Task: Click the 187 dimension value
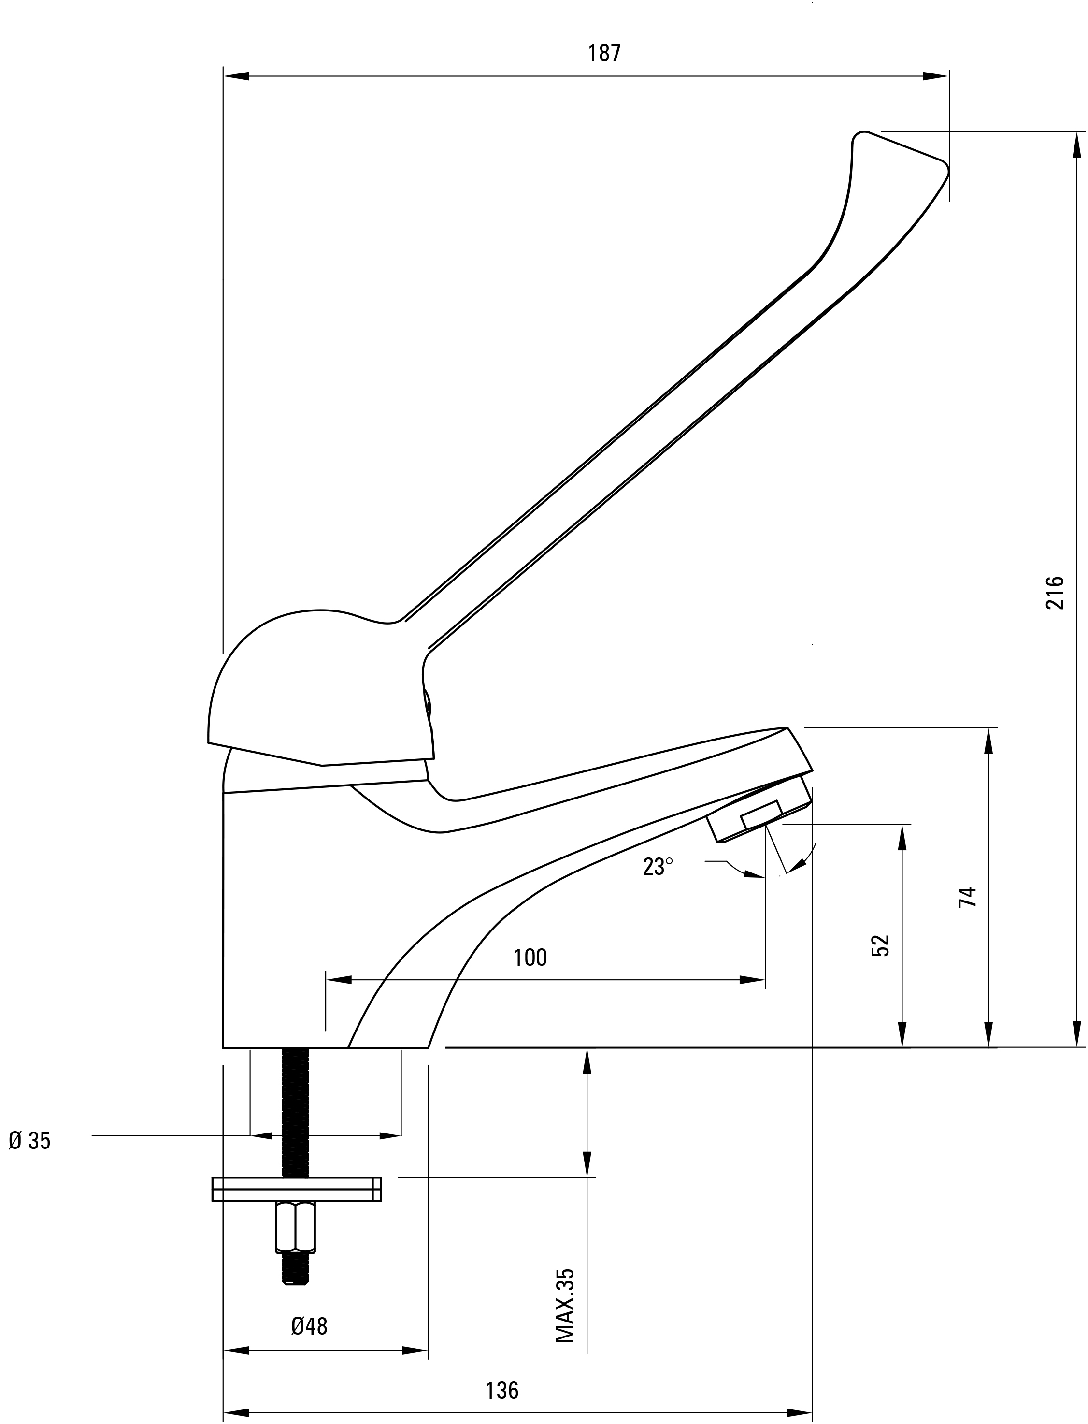[604, 53]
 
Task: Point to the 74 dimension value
[967, 897]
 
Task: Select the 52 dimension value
[881, 945]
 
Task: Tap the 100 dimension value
[530, 958]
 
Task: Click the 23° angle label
[658, 867]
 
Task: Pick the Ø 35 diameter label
[29, 1141]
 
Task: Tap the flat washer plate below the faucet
[297, 1189]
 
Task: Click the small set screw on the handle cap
[428, 703]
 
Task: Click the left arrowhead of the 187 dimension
[236, 76]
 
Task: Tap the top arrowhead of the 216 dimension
[1077, 145]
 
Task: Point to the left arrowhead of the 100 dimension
[339, 980]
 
